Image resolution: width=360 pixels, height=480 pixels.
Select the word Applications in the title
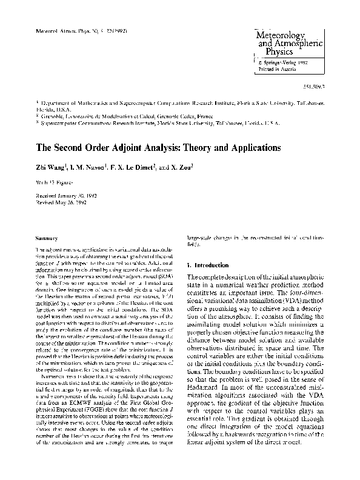246,147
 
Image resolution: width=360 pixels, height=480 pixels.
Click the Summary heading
48,238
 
